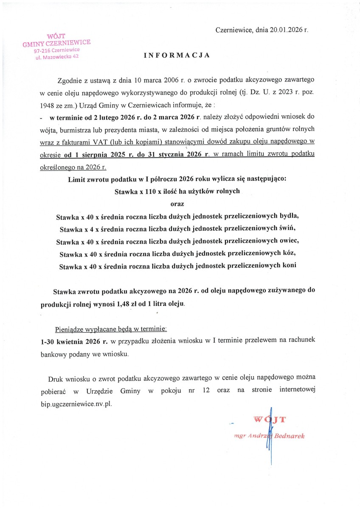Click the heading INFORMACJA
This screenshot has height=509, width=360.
click(x=177, y=55)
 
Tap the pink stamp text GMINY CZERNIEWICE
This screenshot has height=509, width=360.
click(x=57, y=43)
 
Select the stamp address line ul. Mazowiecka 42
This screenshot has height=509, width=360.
click(x=57, y=56)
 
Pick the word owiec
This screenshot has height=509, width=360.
click(x=290, y=241)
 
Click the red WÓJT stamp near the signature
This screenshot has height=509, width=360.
click(x=269, y=420)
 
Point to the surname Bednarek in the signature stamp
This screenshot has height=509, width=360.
click(x=290, y=436)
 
